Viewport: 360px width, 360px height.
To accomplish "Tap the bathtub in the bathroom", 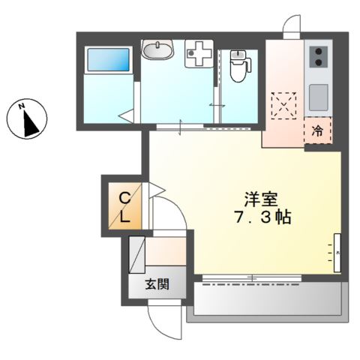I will [108, 59].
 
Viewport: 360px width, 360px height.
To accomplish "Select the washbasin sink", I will [157, 52].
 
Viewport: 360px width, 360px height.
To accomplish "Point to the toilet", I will [239, 66].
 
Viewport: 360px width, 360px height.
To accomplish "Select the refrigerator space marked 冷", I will [318, 130].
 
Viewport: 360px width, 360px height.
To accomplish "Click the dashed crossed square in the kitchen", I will [284, 105].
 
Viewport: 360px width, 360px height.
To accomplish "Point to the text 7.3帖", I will [261, 219].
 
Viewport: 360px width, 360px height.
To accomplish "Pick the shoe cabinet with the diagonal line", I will [136, 254].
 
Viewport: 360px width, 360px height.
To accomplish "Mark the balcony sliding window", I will [251, 277].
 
